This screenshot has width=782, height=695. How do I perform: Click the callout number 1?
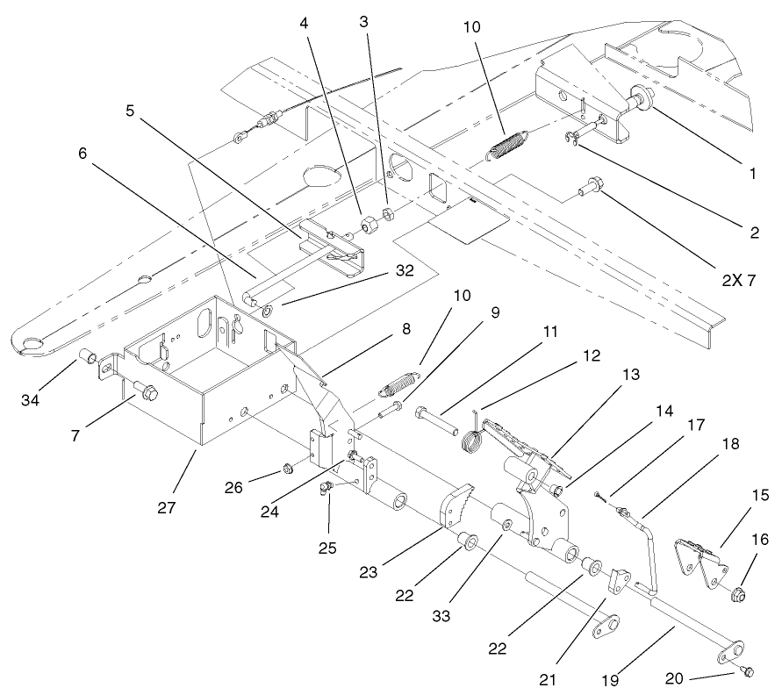(x=752, y=174)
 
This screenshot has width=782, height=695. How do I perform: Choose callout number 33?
(x=441, y=616)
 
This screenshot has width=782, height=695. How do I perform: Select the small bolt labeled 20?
(x=747, y=671)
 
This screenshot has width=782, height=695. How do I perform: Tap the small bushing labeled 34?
(x=88, y=356)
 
